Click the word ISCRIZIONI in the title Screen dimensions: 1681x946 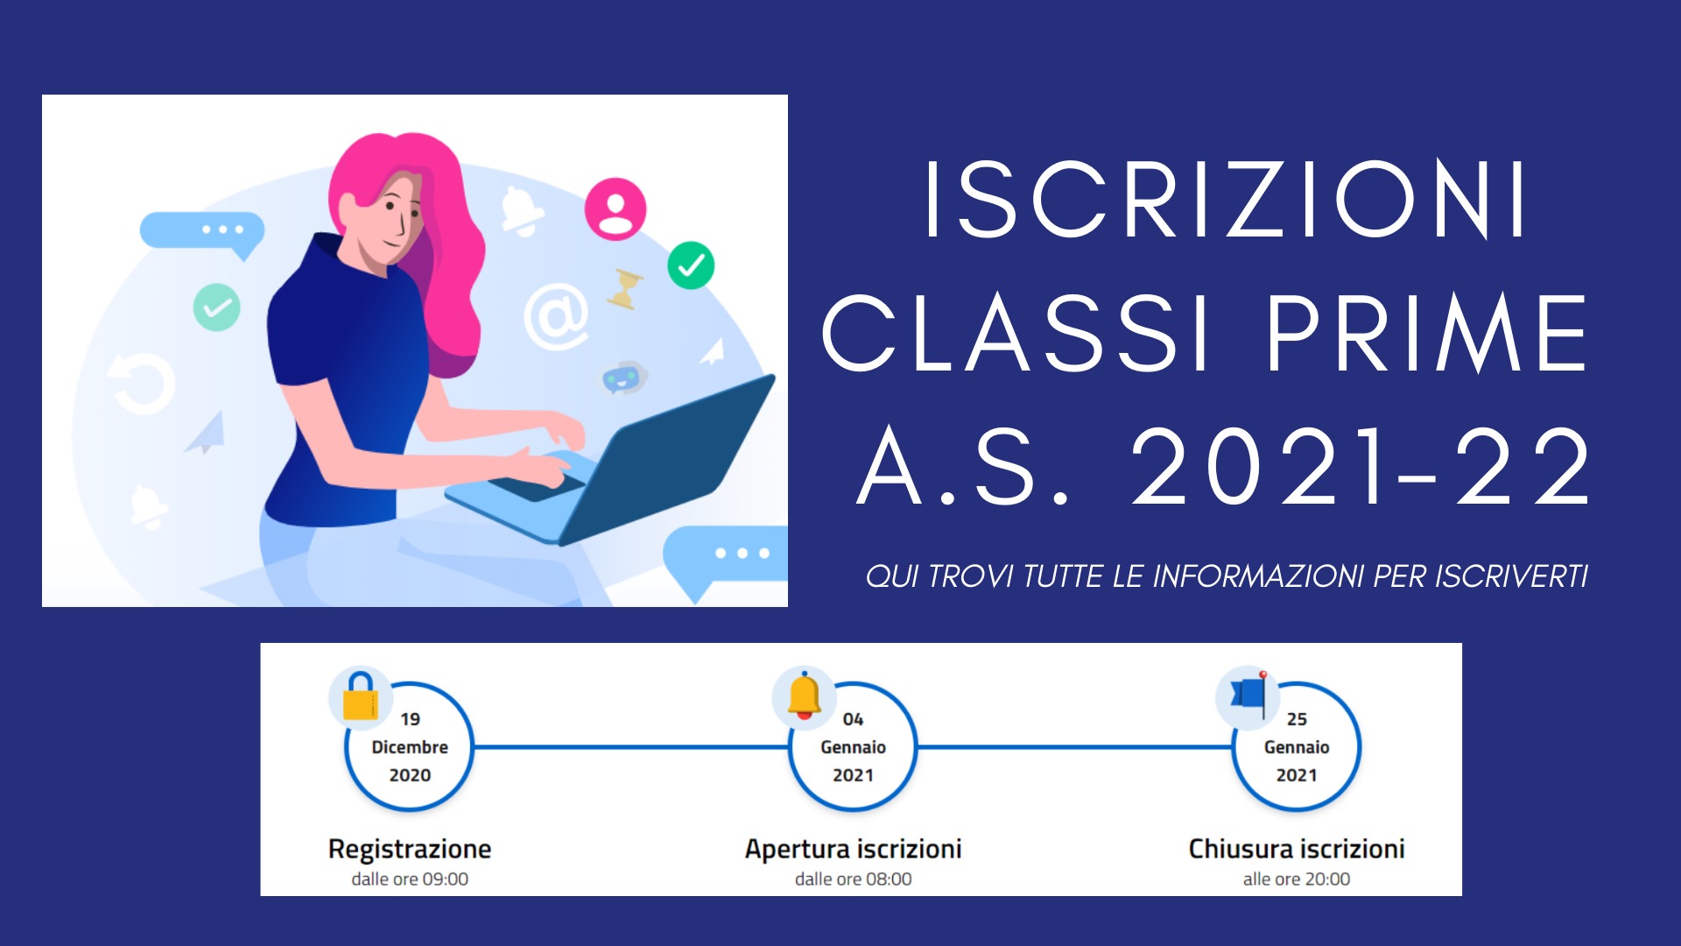point(1226,199)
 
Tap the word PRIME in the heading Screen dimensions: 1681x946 point(1427,333)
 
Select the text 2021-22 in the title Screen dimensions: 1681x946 point(1361,466)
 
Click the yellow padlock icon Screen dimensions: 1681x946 point(360,696)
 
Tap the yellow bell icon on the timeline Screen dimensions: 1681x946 point(804,696)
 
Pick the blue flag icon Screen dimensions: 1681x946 point(1249,695)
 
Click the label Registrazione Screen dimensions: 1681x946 point(410,849)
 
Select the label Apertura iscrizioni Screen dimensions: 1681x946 point(854,849)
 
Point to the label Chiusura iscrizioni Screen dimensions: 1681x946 point(1297,849)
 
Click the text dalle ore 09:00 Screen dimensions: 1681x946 point(410,879)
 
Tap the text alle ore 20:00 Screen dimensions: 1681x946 point(1297,879)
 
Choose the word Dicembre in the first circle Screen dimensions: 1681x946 point(410,747)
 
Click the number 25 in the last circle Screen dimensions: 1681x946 point(1297,719)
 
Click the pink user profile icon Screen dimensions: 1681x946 point(615,209)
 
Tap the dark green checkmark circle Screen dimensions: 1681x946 point(691,265)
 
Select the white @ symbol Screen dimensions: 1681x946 point(556,316)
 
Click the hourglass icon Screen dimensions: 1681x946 point(624,288)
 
